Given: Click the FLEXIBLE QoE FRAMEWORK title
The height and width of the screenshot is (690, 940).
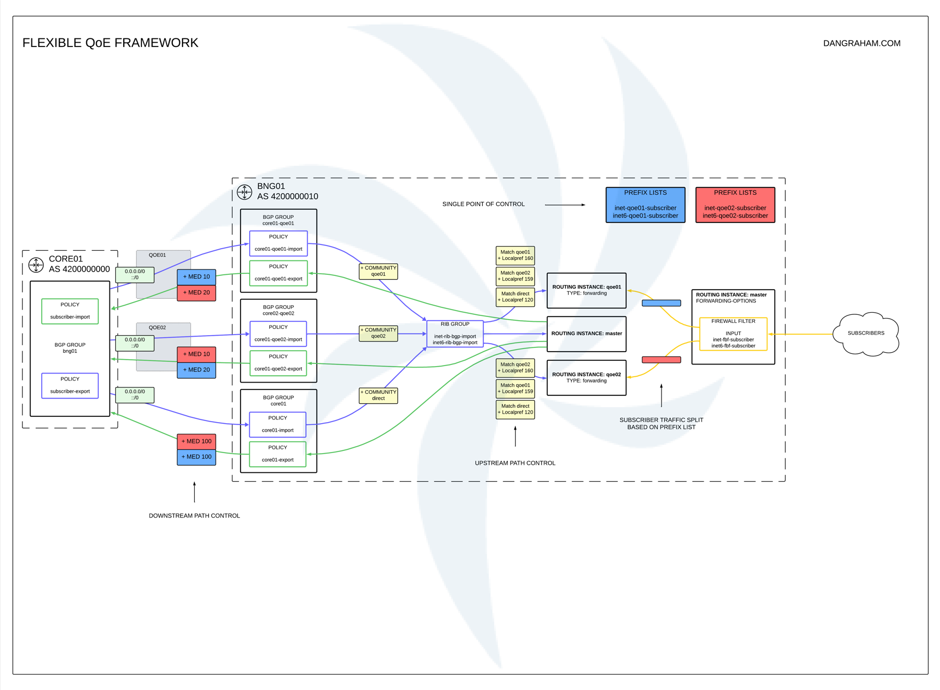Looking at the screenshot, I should [110, 43].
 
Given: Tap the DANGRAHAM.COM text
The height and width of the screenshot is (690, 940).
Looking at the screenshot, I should [861, 43].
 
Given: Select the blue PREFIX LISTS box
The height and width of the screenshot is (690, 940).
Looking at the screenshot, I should [645, 205].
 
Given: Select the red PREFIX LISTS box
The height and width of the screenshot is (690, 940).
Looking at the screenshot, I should [735, 205].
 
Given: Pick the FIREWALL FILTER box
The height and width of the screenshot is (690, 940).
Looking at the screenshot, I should [732, 334].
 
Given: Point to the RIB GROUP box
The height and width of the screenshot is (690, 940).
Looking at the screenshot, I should [455, 334].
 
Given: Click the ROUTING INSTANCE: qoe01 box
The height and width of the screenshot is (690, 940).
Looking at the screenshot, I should [586, 290].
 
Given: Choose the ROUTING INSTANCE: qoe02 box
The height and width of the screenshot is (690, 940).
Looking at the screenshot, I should [586, 378].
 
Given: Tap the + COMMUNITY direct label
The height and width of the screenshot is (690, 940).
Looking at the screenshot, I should [378, 395].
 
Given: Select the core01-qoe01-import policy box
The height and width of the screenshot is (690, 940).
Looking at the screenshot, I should [278, 243].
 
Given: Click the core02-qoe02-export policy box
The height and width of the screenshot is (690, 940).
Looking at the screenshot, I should [278, 363].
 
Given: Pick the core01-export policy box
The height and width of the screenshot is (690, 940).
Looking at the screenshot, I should [277, 454].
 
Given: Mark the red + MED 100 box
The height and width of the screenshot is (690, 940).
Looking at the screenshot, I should [196, 441].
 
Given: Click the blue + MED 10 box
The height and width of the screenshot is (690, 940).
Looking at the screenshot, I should [196, 277].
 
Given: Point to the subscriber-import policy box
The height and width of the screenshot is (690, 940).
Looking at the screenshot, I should [70, 311].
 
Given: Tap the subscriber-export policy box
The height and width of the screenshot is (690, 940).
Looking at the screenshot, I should [70, 385].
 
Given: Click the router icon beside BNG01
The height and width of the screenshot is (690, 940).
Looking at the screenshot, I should [244, 192].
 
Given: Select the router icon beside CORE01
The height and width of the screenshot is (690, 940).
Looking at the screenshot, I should [36, 264].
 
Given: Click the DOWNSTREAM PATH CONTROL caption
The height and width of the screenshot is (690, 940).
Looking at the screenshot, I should [194, 515].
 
